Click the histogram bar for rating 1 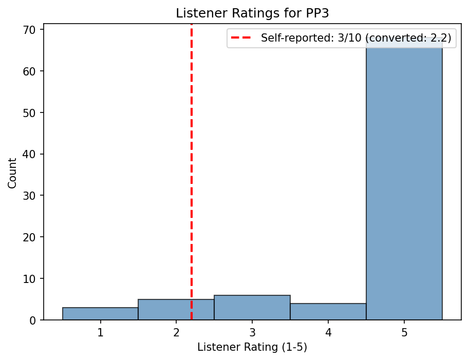tap(100, 314)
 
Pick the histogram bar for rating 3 tap(252, 308)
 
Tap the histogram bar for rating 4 tap(328, 312)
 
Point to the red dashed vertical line tap(192, 154)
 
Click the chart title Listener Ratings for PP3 tap(252, 14)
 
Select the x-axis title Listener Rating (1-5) tap(252, 348)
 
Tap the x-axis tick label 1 tap(100, 332)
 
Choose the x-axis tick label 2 tap(176, 332)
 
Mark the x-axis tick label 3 tap(252, 332)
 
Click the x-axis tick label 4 tap(328, 332)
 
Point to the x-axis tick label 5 tap(404, 332)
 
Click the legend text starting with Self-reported tap(356, 38)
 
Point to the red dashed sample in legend tap(243, 38)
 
